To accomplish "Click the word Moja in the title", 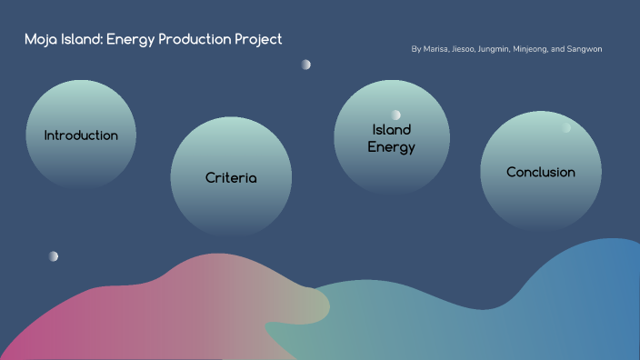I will click(x=42, y=39).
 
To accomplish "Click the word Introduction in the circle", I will click(x=81, y=135).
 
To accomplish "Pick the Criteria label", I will click(x=231, y=178).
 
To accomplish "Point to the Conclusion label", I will click(x=541, y=172).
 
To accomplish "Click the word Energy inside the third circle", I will click(x=392, y=146).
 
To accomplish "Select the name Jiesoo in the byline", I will click(x=464, y=49).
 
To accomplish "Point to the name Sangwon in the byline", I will click(x=585, y=49).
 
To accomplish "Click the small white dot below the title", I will click(x=306, y=65).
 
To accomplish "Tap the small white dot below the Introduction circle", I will click(x=54, y=256).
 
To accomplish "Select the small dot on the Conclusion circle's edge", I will click(x=566, y=128).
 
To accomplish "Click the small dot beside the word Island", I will click(x=395, y=115).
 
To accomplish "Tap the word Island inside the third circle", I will click(x=392, y=130).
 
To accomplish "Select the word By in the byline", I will click(x=416, y=49).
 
